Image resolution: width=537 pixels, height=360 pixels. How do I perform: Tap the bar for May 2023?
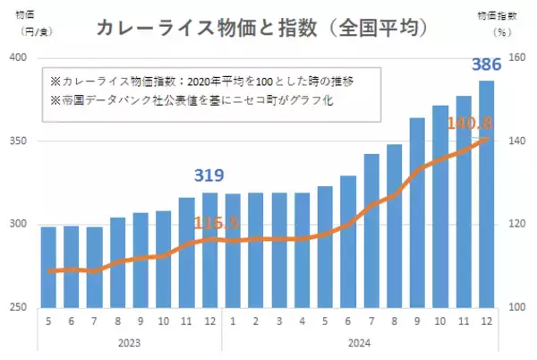(48, 267)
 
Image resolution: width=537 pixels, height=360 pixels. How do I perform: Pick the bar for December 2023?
(210, 250)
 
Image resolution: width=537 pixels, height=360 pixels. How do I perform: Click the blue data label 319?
(209, 176)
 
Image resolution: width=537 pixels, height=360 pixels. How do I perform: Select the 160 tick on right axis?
(517, 58)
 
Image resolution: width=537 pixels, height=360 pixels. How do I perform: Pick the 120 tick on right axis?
(517, 225)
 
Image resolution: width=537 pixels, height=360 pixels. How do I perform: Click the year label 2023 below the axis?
(129, 343)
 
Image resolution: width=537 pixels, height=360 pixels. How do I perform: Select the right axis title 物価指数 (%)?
(510, 22)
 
